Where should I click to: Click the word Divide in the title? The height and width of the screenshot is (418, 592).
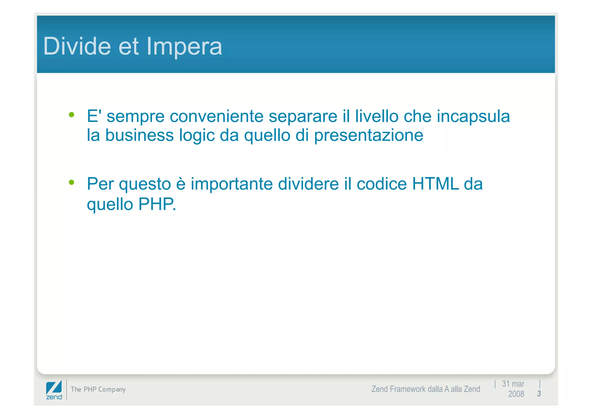77,46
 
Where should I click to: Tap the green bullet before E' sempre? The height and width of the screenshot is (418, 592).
72,115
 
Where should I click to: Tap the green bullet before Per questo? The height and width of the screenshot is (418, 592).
72,182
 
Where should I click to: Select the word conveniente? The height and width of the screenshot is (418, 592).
216,116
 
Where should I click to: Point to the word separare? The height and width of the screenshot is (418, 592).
303,117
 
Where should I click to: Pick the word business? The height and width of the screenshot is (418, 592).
139,135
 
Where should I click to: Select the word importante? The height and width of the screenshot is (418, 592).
232,184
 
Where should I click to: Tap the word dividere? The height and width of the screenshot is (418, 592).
308,184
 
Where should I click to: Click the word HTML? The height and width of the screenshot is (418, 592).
436,184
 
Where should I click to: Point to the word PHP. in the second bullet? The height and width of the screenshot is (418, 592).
157,204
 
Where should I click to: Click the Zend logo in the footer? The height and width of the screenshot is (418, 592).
54,390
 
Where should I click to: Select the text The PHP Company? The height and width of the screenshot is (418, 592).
98,389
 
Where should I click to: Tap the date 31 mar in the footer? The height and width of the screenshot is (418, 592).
513,384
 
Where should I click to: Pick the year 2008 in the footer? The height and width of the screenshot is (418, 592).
516,394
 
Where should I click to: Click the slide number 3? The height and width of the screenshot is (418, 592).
539,393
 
